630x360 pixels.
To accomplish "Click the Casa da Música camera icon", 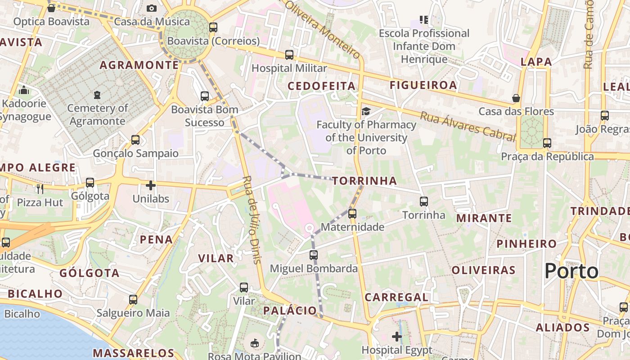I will [x=151, y=8].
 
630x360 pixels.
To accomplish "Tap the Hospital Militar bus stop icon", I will [x=289, y=55].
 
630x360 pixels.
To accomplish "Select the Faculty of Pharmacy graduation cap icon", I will [x=366, y=111].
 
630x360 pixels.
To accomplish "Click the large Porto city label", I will [x=571, y=271].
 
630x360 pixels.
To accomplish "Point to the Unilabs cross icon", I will [x=151, y=185].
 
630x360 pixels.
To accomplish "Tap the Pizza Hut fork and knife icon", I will [x=40, y=189].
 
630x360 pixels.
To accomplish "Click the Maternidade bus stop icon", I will [x=352, y=213].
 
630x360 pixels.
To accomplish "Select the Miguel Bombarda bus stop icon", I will [x=314, y=255].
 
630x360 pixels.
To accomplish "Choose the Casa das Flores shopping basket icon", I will [x=516, y=98].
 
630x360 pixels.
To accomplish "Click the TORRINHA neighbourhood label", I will [x=364, y=181].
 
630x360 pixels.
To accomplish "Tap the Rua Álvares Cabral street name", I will [x=468, y=126].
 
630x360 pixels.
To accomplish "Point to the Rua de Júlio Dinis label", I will [x=251, y=219].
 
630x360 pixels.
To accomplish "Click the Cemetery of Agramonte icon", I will [x=97, y=94].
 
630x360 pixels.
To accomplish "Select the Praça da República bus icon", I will [x=547, y=143].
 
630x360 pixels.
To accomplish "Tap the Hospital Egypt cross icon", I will [x=397, y=336].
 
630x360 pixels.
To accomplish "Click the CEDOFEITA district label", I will [x=321, y=86].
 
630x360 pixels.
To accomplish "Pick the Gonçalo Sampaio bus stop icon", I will [x=135, y=140].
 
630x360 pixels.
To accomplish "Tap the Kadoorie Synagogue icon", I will [x=24, y=90].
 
